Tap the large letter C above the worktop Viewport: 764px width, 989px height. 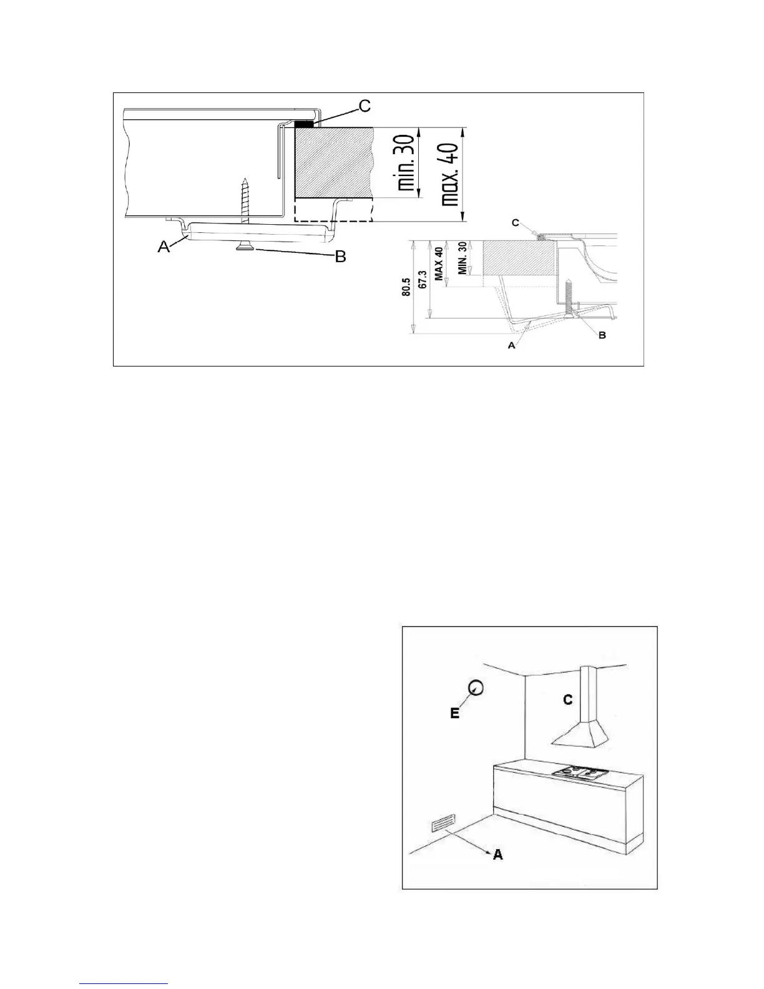click(x=363, y=106)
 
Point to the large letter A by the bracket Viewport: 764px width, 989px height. click(x=164, y=247)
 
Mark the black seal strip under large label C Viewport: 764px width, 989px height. click(x=303, y=124)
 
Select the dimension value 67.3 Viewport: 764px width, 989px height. click(x=423, y=280)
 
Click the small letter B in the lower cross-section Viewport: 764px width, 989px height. click(x=602, y=335)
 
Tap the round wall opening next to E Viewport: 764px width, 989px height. click(x=476, y=687)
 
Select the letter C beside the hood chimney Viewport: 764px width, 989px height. click(x=568, y=700)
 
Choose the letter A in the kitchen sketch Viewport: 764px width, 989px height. click(x=497, y=854)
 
